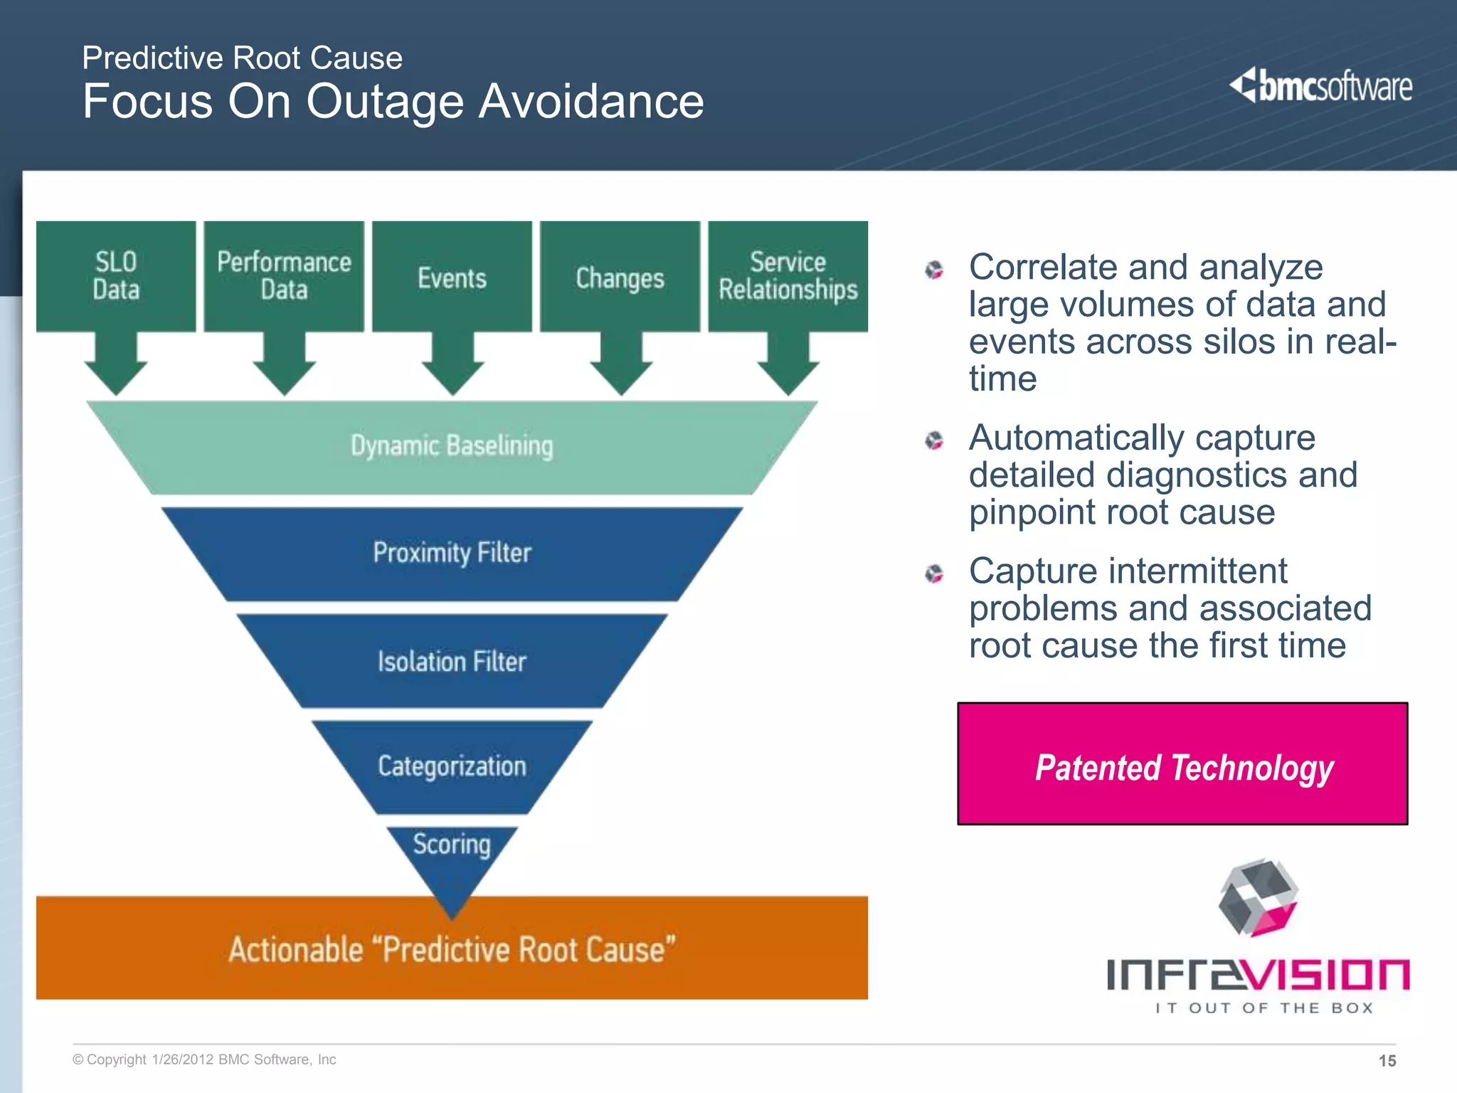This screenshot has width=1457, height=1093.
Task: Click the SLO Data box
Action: coord(116,276)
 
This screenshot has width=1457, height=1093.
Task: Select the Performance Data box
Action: coord(284,276)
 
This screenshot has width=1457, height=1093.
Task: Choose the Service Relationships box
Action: coord(788,276)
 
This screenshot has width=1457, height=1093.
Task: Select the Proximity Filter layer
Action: coord(452,554)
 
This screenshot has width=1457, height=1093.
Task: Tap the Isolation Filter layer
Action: coord(452,662)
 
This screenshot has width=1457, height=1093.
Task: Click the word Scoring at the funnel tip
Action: coord(452,845)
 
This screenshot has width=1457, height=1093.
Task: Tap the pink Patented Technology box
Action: coord(1182,764)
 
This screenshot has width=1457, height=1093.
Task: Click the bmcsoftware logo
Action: coord(1320,86)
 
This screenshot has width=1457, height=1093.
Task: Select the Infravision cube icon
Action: coord(1258,897)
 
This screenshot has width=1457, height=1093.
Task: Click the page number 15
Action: coord(1387,1061)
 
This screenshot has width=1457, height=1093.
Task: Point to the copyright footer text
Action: coord(204,1060)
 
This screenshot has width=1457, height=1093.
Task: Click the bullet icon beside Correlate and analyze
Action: coord(934,270)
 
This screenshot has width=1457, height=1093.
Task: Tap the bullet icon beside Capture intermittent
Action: coord(934,574)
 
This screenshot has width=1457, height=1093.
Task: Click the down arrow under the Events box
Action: coord(452,366)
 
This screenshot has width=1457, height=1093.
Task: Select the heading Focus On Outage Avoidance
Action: coord(393,101)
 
